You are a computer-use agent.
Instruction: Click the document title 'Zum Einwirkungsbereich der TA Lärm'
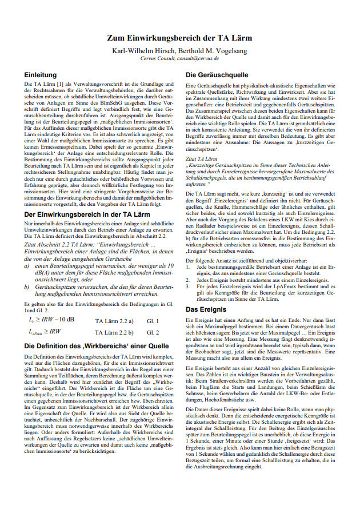(x=180, y=38)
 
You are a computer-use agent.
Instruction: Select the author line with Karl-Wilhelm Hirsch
(x=180, y=49)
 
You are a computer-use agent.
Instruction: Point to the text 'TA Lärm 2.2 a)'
(x=114, y=320)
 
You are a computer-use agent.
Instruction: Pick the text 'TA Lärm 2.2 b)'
(x=114, y=332)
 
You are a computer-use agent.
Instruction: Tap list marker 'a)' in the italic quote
(x=27, y=266)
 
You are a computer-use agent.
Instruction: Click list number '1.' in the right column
(x=189, y=267)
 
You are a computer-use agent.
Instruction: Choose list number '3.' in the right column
(x=189, y=287)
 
